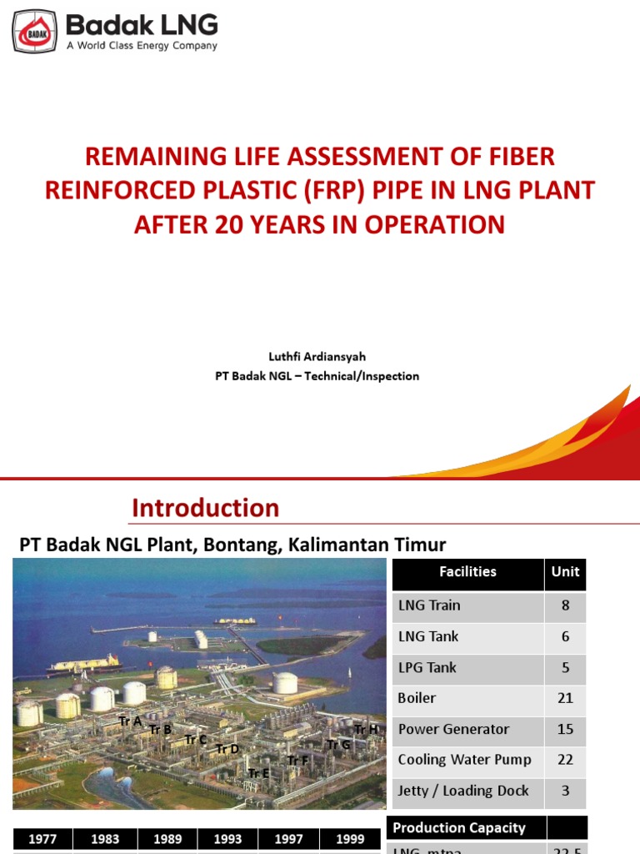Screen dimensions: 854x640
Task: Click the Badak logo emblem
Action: [34, 32]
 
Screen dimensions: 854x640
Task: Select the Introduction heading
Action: [205, 508]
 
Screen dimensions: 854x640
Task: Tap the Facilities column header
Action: [467, 572]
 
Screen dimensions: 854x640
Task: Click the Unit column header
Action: [566, 572]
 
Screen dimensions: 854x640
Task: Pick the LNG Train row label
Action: [429, 605]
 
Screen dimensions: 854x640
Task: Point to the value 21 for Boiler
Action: [566, 698]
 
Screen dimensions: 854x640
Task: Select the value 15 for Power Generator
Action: [566, 729]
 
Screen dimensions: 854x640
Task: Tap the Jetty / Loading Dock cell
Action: [463, 791]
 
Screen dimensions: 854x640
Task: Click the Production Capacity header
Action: [459, 828]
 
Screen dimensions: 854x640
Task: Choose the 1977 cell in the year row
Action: [42, 840]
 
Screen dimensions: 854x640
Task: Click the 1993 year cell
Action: [227, 840]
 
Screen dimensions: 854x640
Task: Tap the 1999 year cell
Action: [350, 840]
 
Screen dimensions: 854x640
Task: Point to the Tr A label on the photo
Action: [130, 721]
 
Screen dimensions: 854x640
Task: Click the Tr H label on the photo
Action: [366, 730]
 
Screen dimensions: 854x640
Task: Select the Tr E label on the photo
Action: [258, 773]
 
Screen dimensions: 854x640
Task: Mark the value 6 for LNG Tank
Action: [566, 636]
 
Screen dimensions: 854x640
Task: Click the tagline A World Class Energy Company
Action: [142, 46]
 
